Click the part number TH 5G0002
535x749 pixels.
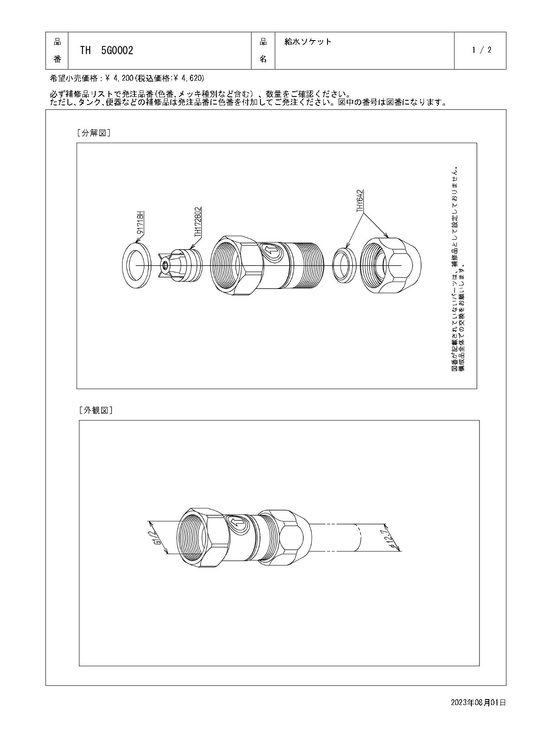pos(107,51)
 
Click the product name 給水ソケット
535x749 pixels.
pos(308,42)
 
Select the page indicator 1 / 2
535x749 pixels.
pos(482,50)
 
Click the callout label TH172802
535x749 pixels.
pos(198,222)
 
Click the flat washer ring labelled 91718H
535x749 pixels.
pos(136,265)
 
